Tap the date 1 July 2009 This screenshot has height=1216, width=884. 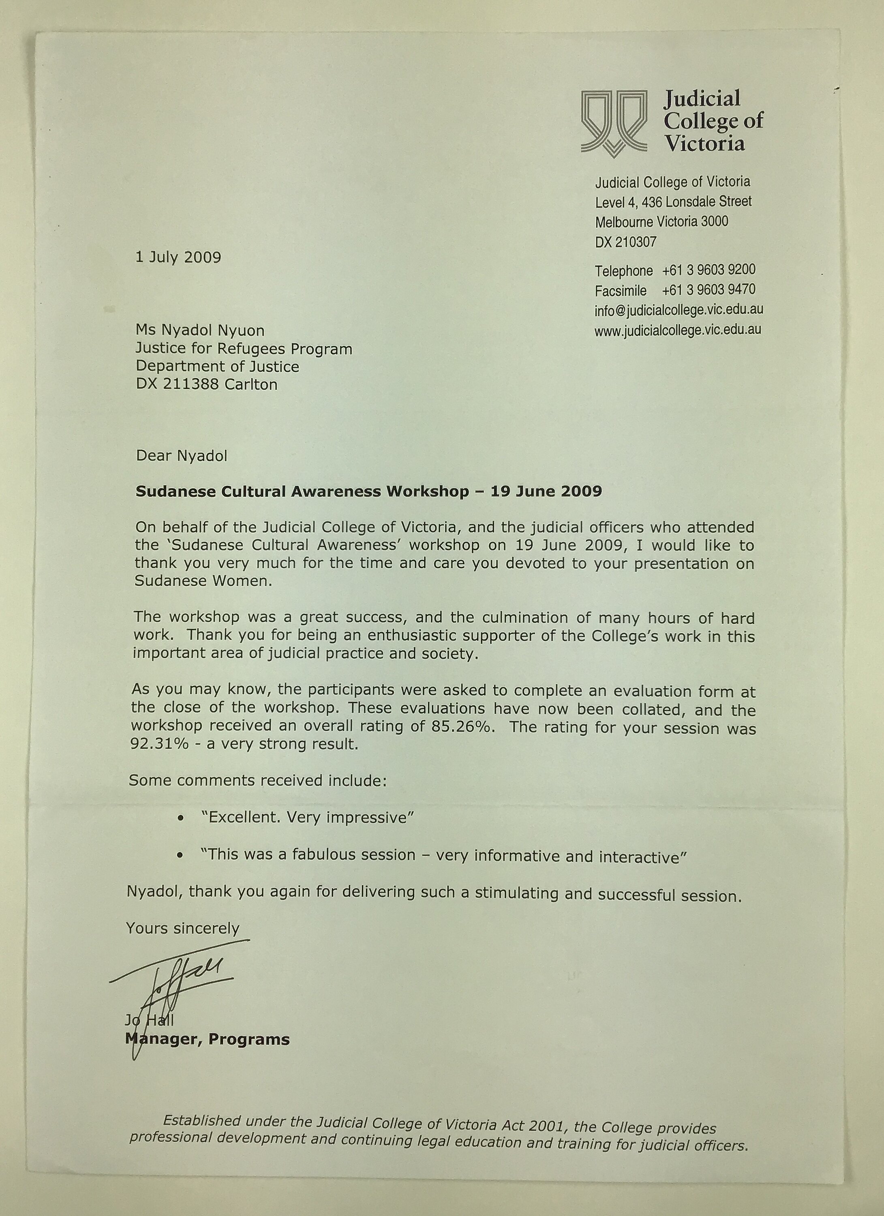tap(178, 257)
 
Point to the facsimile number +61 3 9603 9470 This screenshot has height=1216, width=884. tap(709, 290)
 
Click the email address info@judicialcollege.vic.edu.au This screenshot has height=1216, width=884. tap(679, 310)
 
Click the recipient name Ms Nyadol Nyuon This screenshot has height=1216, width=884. tap(200, 330)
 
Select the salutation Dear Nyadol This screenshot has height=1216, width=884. tap(182, 456)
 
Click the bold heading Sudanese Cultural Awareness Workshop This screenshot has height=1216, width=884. tap(302, 492)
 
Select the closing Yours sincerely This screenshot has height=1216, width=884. tap(182, 928)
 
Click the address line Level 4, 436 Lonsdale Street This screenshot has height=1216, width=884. tap(673, 202)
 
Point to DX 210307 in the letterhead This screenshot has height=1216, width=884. tap(625, 242)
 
